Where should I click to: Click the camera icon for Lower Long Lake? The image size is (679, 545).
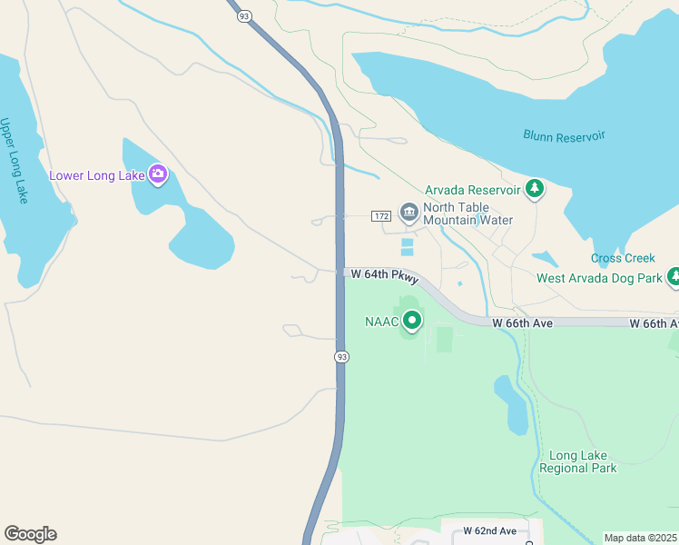click(158, 174)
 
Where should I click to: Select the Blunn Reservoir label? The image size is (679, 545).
click(564, 136)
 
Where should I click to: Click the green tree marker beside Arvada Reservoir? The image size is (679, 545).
click(536, 189)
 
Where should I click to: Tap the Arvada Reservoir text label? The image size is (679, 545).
click(472, 190)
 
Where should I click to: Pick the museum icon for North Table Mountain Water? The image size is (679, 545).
click(409, 213)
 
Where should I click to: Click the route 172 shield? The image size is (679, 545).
click(380, 215)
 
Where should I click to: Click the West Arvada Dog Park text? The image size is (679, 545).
click(599, 278)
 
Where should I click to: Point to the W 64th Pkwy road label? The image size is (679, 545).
click(385, 275)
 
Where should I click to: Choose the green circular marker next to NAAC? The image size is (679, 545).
click(413, 320)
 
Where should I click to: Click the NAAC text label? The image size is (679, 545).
click(382, 322)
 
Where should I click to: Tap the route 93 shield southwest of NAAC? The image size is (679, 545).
click(341, 357)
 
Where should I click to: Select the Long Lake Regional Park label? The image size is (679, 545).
click(578, 461)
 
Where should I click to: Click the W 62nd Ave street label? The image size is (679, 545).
click(489, 530)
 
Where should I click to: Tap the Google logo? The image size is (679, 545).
click(30, 534)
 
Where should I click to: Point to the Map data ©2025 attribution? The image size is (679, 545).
click(640, 538)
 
